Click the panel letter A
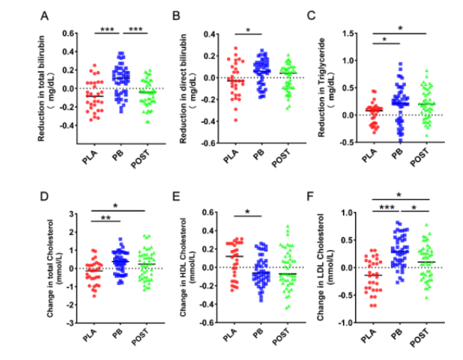(46, 15)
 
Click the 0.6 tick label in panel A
(67, 34)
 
